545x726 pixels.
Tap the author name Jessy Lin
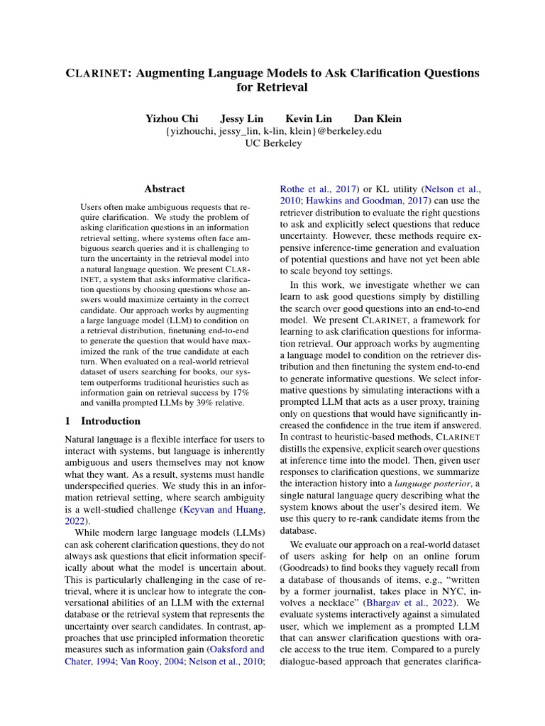[x=243, y=118]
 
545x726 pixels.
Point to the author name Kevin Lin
[x=309, y=118]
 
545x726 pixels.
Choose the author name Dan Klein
[x=378, y=118]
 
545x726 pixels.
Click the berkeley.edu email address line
[x=273, y=130]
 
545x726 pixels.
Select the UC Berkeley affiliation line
[x=273, y=143]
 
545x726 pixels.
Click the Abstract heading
[x=164, y=189]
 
